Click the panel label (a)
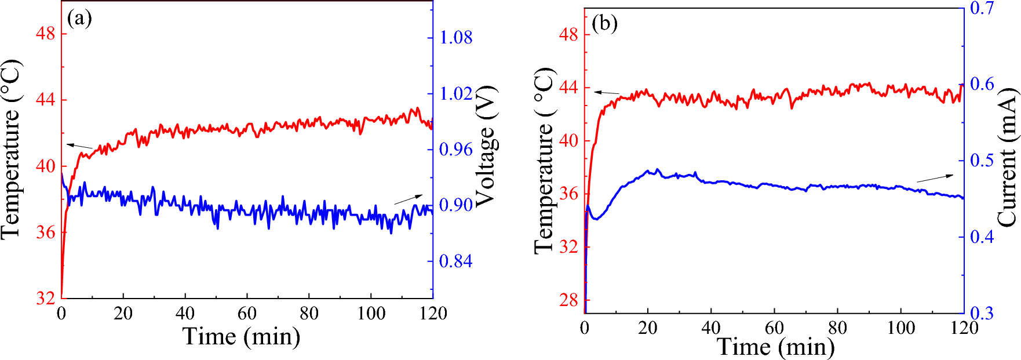[79, 19]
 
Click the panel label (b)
[605, 23]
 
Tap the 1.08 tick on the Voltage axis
[456, 38]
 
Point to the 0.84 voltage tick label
[455, 261]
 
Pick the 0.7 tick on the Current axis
[982, 8]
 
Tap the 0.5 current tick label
[982, 161]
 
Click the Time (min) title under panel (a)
[242, 337]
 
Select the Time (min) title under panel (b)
[775, 347]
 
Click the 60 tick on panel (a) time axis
[247, 314]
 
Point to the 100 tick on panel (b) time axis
[901, 328]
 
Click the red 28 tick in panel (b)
[569, 300]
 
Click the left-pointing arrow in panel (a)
[79, 146]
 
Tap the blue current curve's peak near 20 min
[657, 170]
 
